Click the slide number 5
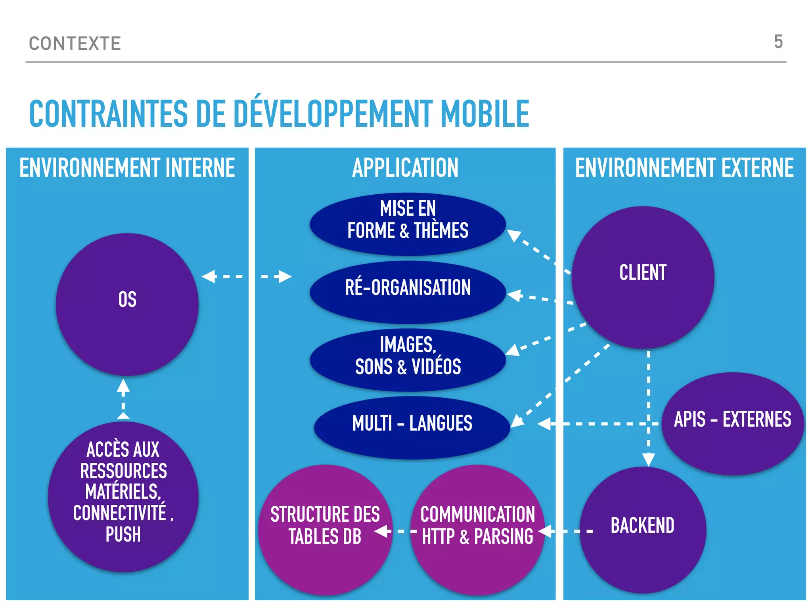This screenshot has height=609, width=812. pyautogui.click(x=778, y=42)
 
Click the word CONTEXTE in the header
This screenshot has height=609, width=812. pyautogui.click(x=75, y=44)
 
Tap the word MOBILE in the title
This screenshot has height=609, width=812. pyautogui.click(x=485, y=114)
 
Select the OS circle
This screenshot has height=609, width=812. pyautogui.click(x=127, y=304)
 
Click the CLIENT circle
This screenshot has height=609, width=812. pyautogui.click(x=643, y=277)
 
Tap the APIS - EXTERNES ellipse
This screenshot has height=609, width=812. pyautogui.click(x=732, y=423)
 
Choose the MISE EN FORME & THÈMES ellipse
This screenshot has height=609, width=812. pyautogui.click(x=408, y=224)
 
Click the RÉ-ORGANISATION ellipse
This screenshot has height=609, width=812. pyautogui.click(x=408, y=292)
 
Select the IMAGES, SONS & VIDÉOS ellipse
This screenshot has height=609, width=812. pyautogui.click(x=408, y=360)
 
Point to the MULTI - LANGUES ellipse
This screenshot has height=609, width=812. pyautogui.click(x=412, y=427)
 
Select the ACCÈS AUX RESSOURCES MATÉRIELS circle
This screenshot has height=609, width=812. pyautogui.click(x=123, y=496)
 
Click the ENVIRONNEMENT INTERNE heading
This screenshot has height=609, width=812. pyautogui.click(x=127, y=168)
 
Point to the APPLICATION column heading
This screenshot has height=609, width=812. pyautogui.click(x=405, y=168)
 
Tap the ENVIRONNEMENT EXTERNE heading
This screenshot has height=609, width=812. pyautogui.click(x=684, y=168)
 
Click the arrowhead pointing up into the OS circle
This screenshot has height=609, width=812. pyautogui.click(x=123, y=386)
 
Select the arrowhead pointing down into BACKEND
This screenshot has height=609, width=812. pyautogui.click(x=648, y=460)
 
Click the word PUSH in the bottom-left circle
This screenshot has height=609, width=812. pyautogui.click(x=123, y=534)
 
